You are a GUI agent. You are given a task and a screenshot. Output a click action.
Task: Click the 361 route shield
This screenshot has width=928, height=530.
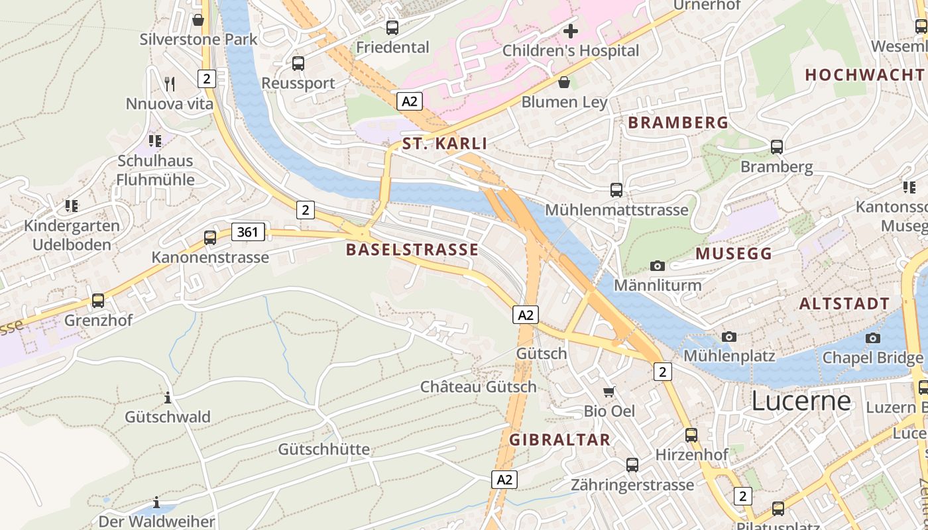(248, 232)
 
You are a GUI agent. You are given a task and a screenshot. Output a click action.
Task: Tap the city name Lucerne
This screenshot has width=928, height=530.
(801, 401)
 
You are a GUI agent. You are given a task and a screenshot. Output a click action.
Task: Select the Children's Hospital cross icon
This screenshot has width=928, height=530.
(570, 30)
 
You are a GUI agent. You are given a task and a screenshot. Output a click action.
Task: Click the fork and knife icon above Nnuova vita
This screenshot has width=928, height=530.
(170, 83)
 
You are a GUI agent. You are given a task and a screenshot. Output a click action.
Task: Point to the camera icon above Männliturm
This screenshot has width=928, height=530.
(657, 266)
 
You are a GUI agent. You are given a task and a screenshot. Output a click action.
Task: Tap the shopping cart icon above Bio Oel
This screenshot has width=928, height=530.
(609, 392)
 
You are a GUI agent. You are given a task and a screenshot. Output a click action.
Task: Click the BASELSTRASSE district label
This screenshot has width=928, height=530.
(412, 250)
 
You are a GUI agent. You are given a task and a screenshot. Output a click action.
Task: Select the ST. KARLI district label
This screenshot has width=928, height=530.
(444, 144)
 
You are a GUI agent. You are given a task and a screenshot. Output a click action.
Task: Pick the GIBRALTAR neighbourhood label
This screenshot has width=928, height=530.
(559, 440)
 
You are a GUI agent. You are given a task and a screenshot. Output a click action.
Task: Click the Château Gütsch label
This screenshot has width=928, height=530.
(478, 387)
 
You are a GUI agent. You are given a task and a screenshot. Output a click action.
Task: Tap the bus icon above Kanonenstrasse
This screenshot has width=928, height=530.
(210, 237)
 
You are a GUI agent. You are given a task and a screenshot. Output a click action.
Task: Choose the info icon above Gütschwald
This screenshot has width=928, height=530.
(168, 397)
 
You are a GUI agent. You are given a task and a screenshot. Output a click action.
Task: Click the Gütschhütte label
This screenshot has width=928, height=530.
(323, 449)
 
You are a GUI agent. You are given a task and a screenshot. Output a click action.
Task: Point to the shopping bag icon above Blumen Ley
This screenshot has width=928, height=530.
(564, 82)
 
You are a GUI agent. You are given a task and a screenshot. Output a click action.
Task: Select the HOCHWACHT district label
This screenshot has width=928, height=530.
(864, 75)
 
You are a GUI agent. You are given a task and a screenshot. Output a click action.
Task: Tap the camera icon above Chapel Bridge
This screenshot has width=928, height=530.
(873, 338)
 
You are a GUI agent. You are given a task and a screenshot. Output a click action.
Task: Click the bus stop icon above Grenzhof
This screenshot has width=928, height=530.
(98, 300)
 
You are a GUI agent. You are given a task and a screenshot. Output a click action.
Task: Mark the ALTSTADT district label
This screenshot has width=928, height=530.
(844, 304)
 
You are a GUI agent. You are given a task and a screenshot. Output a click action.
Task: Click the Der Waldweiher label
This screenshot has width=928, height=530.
(156, 521)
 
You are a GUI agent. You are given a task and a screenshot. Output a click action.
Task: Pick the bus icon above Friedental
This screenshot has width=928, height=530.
(392, 27)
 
